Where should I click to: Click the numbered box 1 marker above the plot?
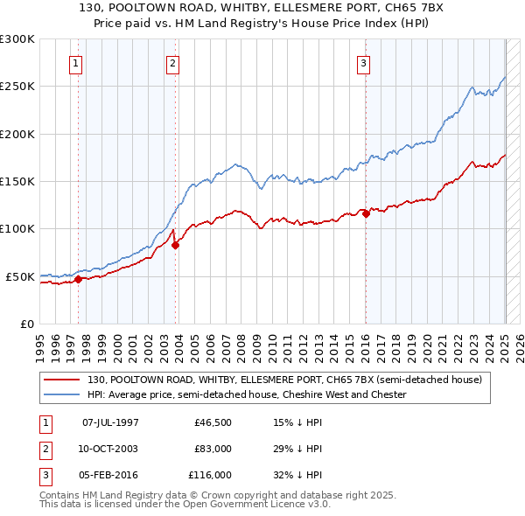(x=76, y=63)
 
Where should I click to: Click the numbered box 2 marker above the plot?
(x=173, y=63)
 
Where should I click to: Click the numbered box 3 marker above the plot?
(x=363, y=63)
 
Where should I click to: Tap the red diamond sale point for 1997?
(x=78, y=280)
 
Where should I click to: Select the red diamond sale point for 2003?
(x=175, y=246)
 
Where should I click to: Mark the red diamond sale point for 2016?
(x=366, y=214)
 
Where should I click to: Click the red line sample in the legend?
(x=61, y=380)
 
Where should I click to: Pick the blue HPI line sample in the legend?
(x=61, y=395)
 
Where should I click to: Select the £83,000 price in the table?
(x=213, y=449)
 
